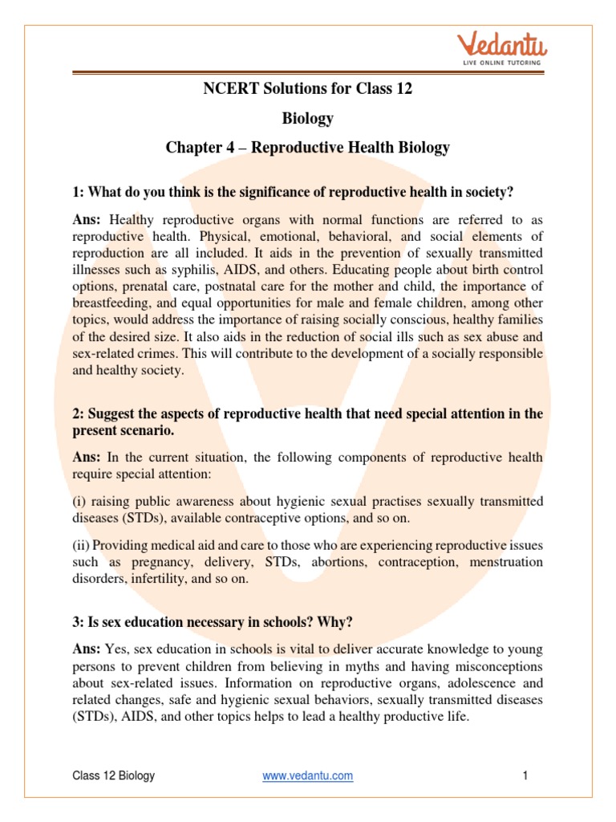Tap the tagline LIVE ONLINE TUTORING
pos(497,62)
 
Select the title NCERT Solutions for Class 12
pos(308,88)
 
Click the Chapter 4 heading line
pos(308,148)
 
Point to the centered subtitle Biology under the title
pos(307,118)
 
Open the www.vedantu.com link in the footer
pos(308,775)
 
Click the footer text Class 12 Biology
pos(114,775)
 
